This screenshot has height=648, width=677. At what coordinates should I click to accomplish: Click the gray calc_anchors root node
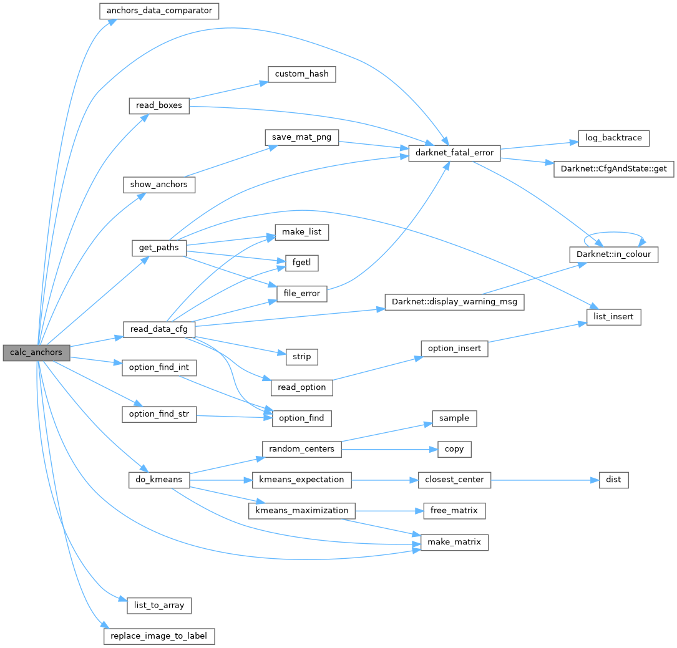[36, 352]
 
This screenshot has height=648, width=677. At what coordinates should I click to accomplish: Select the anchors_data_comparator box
[159, 11]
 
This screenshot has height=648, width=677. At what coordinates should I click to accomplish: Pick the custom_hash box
[302, 74]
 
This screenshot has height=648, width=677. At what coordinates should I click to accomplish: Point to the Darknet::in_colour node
[613, 254]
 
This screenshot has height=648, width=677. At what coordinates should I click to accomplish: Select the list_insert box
[614, 317]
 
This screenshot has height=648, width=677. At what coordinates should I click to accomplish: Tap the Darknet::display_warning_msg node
[454, 302]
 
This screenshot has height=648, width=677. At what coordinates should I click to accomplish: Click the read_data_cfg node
[159, 329]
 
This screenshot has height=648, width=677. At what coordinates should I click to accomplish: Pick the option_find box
[301, 418]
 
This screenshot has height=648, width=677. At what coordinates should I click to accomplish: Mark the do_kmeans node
[159, 480]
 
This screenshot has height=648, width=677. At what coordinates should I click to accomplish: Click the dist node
[613, 480]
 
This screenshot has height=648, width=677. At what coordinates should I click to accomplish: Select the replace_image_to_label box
[159, 636]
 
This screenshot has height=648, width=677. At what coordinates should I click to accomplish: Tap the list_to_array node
[159, 605]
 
